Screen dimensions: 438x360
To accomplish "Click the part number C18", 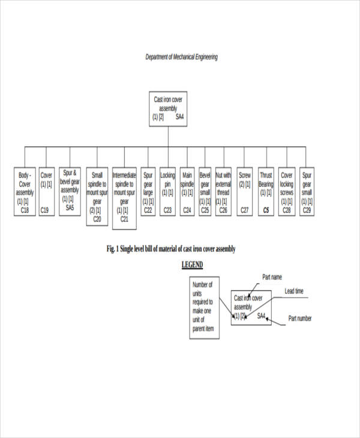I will click(24, 210).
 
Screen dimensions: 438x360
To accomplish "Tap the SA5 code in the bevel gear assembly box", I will click(70, 208).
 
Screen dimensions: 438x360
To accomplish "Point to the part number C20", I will click(97, 219).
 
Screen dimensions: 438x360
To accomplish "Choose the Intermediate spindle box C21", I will click(124, 198).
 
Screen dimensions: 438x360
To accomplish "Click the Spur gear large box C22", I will click(148, 191).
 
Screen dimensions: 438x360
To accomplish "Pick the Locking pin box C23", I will click(168, 191).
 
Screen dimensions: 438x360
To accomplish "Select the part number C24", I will click(187, 211).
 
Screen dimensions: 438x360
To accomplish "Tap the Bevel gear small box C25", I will click(205, 191).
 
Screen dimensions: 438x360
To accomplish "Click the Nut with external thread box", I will click(223, 191).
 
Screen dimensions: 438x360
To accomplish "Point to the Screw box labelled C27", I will click(245, 191).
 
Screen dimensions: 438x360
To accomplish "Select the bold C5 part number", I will click(265, 211).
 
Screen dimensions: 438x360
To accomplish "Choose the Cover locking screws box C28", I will click(287, 191).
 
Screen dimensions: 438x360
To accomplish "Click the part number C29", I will click(307, 211).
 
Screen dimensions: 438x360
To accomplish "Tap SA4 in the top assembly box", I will click(179, 117).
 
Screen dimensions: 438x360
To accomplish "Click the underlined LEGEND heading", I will click(192, 265).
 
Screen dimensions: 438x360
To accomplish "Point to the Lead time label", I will click(294, 292).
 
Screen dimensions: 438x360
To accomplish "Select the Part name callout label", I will click(272, 277).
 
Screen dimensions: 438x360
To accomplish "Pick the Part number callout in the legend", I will click(300, 319).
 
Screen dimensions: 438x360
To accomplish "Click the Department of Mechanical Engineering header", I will click(182, 57).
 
